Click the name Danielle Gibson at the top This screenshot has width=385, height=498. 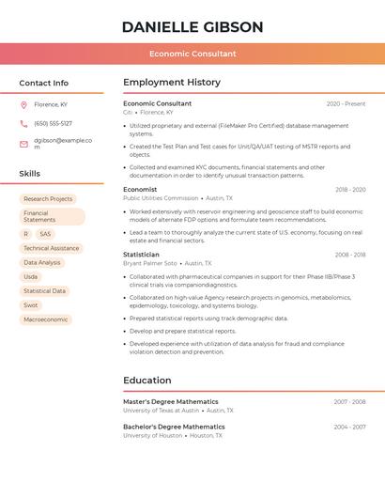192,27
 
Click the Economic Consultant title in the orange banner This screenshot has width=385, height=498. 192,54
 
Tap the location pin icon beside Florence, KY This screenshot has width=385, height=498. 23,105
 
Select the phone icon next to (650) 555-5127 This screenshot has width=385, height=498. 23,123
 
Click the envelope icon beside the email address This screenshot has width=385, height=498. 23,144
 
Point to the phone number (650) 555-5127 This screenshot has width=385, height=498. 53,123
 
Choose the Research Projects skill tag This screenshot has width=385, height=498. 48,199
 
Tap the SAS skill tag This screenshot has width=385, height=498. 45,234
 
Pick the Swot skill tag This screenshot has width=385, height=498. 31,305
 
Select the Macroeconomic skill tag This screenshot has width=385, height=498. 46,319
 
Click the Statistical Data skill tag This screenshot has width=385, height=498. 45,291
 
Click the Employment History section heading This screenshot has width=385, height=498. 171,83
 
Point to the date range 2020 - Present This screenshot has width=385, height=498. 346,103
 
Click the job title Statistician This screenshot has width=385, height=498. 141,255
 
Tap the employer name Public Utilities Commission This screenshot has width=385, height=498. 161,198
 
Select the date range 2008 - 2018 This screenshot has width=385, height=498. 350,255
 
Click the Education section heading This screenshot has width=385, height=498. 146,381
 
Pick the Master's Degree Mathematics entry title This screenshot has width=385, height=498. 170,401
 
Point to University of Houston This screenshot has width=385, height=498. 153,435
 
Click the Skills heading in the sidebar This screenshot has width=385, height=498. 30,174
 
